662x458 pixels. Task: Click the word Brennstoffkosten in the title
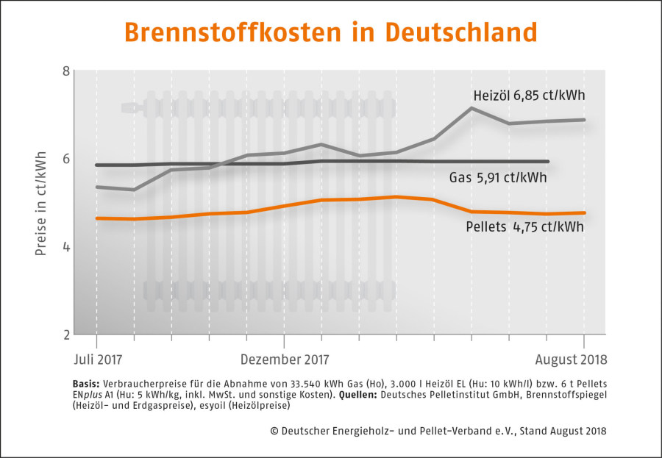point(232,32)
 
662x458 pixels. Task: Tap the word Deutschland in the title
point(461,32)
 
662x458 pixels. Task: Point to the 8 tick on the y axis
point(66,71)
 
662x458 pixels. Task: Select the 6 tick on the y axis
point(66,159)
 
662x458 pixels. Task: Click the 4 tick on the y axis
point(66,246)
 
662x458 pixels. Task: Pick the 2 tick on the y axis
point(66,334)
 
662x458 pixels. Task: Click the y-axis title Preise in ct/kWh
point(40,204)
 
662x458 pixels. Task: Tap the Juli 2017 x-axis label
point(98,359)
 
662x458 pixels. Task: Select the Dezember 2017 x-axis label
point(285,359)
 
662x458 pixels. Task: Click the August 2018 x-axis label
point(571,359)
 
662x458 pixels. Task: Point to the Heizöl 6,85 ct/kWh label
point(529,96)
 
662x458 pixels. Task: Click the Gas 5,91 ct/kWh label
point(498,177)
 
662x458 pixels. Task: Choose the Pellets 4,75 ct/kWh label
point(524,227)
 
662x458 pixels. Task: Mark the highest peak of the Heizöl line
point(471,108)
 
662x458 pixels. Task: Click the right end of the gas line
point(547,161)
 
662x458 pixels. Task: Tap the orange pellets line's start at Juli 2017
point(97,218)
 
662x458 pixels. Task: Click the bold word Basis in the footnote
point(86,384)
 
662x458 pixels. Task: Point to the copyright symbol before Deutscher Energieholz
point(274,431)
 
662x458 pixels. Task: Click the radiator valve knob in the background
point(132,107)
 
